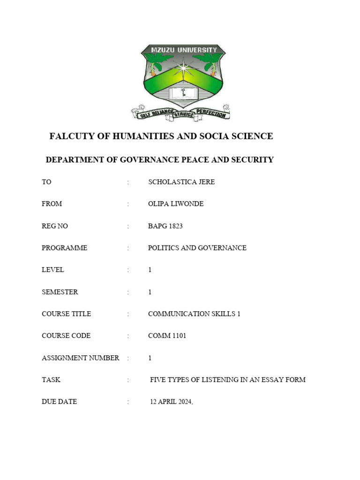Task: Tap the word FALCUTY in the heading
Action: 71,136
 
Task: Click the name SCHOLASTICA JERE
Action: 181,182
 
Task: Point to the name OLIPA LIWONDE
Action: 176,204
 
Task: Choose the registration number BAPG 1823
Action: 165,226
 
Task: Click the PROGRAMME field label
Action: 64,248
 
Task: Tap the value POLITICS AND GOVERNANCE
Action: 197,248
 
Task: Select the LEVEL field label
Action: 52,270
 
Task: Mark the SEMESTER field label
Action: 60,292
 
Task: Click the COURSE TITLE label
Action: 66,314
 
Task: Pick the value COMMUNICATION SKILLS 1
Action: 194,314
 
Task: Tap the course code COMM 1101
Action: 167,336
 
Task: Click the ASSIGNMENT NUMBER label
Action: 80,358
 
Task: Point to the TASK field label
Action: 51,380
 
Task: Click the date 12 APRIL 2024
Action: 171,402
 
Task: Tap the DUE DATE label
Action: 59,402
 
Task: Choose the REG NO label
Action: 54,226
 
